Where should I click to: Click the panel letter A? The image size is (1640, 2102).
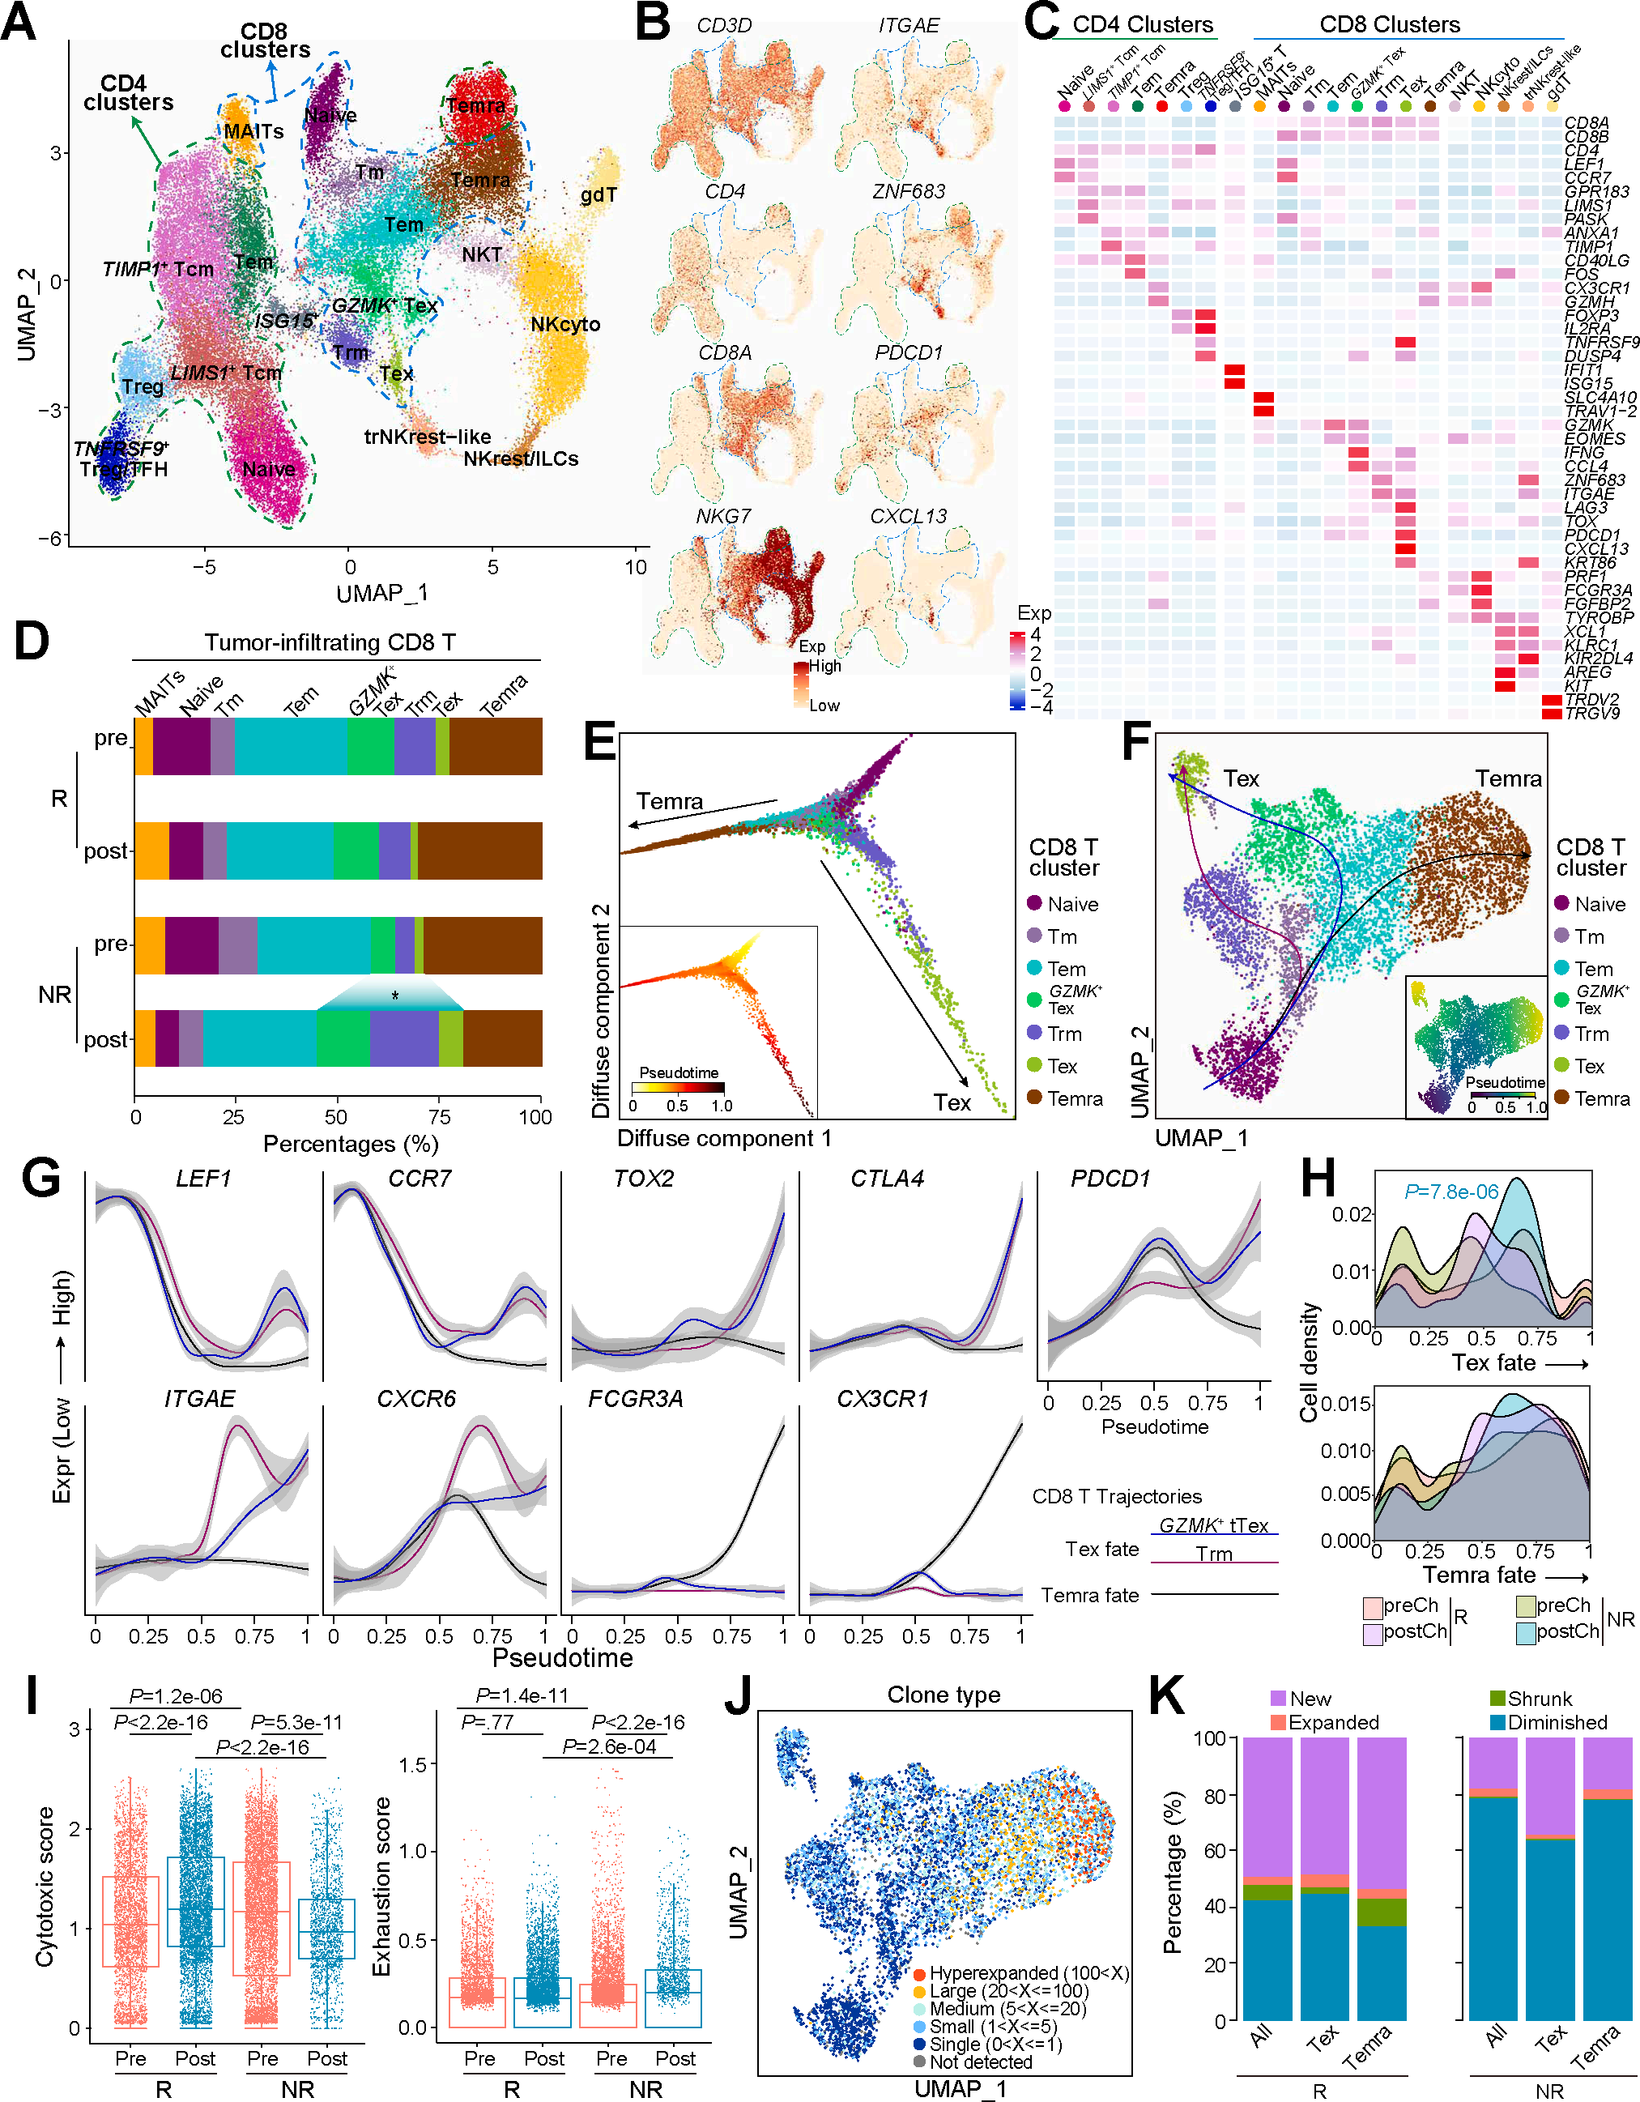coord(19,21)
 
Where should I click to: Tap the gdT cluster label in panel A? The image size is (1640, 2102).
coord(598,195)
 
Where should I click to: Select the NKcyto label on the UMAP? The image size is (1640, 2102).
coord(565,324)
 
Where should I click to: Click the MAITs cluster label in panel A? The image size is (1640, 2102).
coord(253,132)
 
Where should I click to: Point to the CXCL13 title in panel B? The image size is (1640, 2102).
coord(908,517)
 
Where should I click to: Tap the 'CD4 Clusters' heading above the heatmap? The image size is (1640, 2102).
coord(1143,25)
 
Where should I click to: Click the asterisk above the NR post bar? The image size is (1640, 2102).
coord(394,996)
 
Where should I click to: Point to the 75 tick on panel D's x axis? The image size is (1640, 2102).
coord(440,1117)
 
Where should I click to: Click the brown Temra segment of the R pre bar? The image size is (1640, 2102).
coord(496,747)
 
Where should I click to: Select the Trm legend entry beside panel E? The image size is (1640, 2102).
coord(1064,1034)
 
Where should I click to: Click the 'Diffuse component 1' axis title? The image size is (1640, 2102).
coord(724,1139)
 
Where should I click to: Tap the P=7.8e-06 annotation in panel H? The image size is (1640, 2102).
coord(1451,1192)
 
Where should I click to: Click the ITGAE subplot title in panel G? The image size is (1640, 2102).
coord(199,1398)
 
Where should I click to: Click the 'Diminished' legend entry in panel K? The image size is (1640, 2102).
coord(1557,1722)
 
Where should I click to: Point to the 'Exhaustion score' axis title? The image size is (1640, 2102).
coord(382,1887)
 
